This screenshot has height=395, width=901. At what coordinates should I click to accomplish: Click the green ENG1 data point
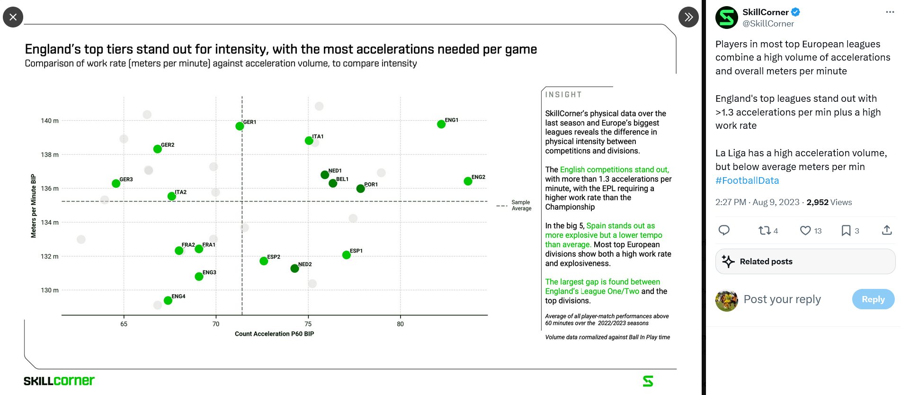coord(441,124)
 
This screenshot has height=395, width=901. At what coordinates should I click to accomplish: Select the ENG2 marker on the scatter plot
coord(468,181)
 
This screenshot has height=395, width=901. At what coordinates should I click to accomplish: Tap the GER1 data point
coord(240,126)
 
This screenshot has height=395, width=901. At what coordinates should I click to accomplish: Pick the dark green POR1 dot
coord(360,189)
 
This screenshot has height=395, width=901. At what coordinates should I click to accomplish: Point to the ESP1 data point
coord(346,255)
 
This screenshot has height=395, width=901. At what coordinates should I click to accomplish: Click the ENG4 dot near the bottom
coord(168,300)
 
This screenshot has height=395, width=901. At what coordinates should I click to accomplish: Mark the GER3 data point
coord(116,183)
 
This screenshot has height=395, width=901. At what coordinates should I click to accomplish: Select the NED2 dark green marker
coord(294,269)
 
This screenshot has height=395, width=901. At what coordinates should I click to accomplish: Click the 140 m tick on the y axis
coord(50,121)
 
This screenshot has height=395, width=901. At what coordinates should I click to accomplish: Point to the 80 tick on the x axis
coord(401,324)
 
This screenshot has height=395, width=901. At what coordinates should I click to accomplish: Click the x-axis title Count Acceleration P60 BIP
coord(274,334)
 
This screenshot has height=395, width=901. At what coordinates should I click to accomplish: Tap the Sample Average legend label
coord(521,205)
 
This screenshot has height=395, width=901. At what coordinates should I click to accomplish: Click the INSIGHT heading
coord(563,95)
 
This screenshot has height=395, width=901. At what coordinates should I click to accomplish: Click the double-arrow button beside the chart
coord(688,17)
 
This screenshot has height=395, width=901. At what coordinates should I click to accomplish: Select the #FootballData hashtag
coord(747,180)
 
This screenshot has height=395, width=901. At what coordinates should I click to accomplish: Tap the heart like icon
coord(805,231)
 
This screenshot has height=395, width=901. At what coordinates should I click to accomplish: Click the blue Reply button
coord(873,299)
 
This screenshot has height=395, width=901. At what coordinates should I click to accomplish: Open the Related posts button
coord(805,261)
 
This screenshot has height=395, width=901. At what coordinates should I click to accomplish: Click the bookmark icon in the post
coord(846,231)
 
